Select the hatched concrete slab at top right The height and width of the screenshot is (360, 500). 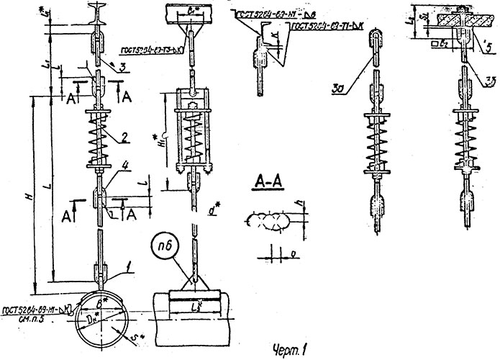pos(450,17)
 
